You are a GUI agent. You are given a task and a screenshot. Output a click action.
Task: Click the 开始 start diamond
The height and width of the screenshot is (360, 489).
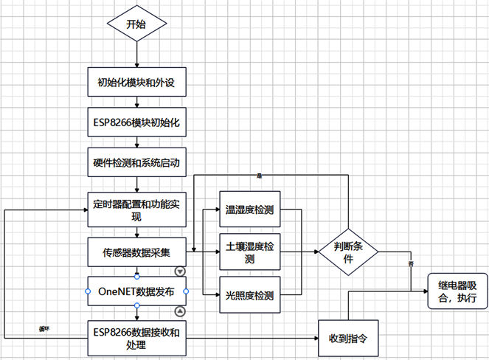[136, 25]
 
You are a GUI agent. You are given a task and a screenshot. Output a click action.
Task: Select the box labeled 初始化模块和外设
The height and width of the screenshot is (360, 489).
[136, 82]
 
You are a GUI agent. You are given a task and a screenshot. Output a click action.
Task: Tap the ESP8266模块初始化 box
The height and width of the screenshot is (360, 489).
[136, 122]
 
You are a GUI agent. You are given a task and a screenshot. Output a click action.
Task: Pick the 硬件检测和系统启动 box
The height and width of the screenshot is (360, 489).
[136, 162]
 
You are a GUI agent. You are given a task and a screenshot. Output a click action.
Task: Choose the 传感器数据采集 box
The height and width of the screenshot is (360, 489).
[136, 252]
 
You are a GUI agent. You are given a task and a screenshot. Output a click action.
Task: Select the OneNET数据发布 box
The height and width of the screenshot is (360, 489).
[136, 291]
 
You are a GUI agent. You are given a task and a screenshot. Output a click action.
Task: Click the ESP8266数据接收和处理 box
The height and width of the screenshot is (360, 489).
[136, 336]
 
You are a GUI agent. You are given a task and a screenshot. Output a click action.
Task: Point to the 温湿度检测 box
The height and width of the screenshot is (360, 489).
[250, 210]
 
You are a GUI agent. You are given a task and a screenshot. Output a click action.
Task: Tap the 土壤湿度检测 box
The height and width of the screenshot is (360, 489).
[250, 252]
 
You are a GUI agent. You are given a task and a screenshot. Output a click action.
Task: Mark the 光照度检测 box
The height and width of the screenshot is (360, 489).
[250, 296]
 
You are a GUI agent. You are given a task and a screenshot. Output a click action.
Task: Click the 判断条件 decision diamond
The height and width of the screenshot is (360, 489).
[348, 252]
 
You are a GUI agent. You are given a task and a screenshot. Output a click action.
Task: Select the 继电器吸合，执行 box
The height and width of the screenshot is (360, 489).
[457, 292]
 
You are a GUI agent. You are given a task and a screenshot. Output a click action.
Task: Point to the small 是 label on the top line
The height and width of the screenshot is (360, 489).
[260, 176]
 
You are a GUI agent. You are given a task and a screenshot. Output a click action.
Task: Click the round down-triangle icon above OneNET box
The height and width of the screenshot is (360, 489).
[188, 271]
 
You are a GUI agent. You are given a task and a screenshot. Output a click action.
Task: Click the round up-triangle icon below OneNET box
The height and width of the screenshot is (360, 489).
[188, 312]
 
